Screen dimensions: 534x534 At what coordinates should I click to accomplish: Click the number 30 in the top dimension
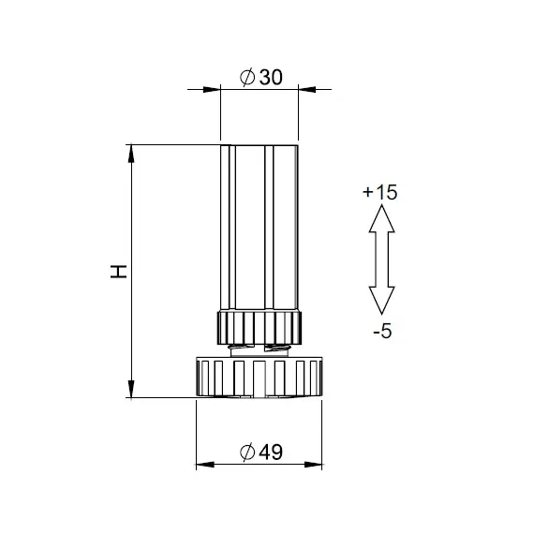pos(271,78)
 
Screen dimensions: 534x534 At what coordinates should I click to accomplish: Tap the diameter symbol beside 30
pos(247,78)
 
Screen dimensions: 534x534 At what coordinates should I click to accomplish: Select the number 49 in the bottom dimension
pos(271,452)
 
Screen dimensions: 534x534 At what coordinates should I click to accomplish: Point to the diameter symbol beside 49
pos(247,452)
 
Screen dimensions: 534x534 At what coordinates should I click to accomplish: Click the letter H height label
pos(119,272)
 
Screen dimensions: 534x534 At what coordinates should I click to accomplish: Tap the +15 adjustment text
pos(380,192)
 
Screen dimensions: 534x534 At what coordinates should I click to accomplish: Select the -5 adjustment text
pos(382,331)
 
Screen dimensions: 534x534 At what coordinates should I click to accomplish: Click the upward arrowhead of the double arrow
pos(382,218)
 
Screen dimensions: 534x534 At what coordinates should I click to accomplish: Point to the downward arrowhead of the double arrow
pos(382,301)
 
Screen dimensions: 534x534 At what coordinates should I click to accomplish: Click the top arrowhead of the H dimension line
pos(131,154)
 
